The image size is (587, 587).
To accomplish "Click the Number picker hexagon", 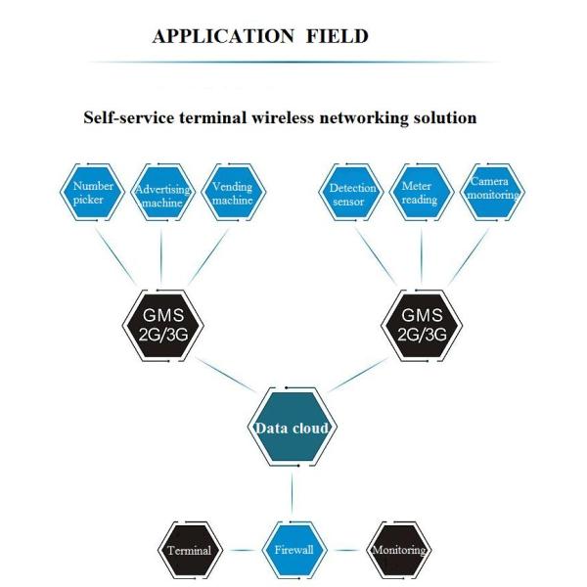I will [x=94, y=193].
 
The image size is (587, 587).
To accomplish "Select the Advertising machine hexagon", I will [x=163, y=194].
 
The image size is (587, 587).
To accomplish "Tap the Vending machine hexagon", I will [x=233, y=193].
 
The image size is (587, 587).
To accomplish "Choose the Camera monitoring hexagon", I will [x=492, y=193].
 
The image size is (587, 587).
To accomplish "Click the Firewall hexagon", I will [x=292, y=550].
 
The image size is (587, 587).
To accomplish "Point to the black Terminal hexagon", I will [x=189, y=550].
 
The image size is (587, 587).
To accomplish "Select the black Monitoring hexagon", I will [x=398, y=550].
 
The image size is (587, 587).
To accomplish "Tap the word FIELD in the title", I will [x=335, y=37].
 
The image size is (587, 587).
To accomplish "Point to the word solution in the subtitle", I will [x=443, y=117].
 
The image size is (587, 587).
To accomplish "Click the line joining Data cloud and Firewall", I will [x=292, y=494].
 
